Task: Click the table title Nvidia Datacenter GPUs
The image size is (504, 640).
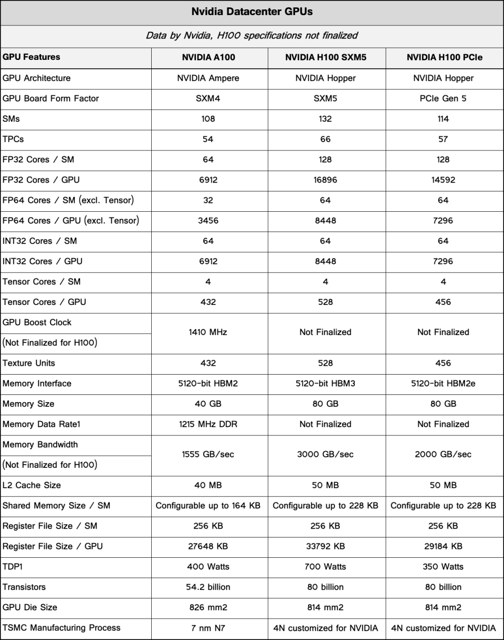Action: tap(252, 11)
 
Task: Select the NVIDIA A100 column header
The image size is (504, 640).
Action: tap(208, 57)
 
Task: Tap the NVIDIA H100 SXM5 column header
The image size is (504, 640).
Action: tap(326, 57)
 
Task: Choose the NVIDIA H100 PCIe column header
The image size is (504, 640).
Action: tap(444, 57)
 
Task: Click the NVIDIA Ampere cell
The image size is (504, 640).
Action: tap(208, 78)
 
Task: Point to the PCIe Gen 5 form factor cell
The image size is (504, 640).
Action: tap(444, 98)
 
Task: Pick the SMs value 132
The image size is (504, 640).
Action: tap(326, 119)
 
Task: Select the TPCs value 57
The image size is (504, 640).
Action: tap(444, 139)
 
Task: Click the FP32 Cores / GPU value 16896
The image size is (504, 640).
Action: tap(326, 180)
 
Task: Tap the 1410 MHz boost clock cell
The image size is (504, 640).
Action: tap(208, 332)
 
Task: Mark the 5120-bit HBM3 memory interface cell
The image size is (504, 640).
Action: tap(326, 383)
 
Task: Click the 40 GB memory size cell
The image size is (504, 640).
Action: tap(208, 404)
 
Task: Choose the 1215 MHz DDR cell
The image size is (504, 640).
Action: tap(208, 424)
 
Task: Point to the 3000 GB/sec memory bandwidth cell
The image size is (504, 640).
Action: tap(326, 454)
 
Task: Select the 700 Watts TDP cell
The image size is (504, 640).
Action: tap(326, 567)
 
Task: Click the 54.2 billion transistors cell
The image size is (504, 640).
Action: tap(208, 587)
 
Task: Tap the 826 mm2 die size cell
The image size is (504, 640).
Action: tap(208, 607)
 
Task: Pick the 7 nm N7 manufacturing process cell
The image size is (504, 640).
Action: tap(208, 628)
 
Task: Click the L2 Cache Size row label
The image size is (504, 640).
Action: tap(32, 485)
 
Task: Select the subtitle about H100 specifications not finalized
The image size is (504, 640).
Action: tap(252, 36)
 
